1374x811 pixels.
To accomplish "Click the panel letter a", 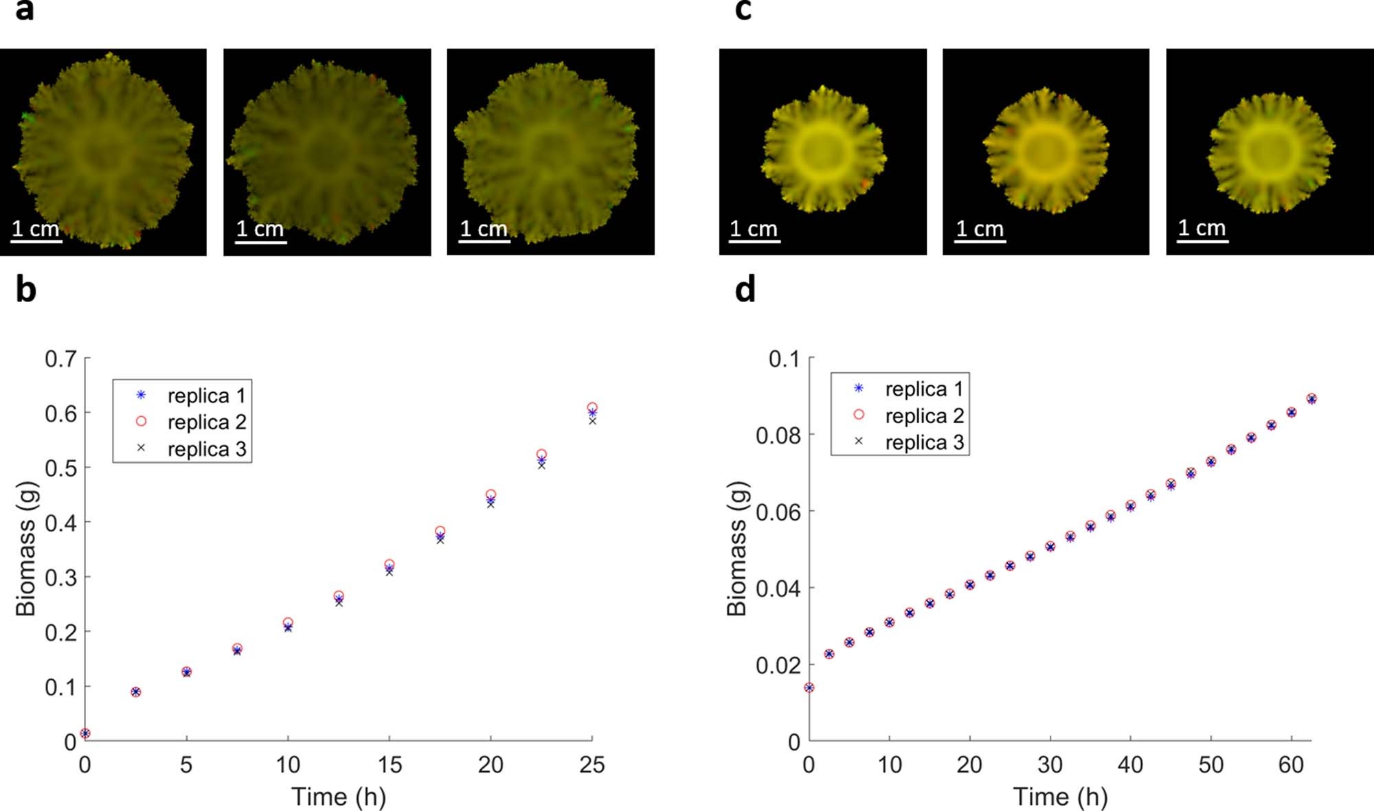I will coord(24,11).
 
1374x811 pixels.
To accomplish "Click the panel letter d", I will coord(745,289).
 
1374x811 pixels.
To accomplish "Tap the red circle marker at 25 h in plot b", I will coord(592,407).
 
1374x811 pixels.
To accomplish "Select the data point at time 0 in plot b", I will coord(85,733).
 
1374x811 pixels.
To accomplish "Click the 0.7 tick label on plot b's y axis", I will coord(60,358).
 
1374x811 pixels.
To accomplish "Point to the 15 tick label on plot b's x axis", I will coord(390,765).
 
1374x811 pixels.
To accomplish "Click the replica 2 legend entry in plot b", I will coord(205,422).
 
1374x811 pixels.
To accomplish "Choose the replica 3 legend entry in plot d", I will coord(923,442).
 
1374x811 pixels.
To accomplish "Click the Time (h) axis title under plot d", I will coord(1060,797).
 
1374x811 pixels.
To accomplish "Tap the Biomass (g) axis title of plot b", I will coord(26,548).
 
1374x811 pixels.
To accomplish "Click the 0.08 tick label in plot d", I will coord(778,435).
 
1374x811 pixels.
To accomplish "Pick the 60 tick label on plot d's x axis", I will coord(1291,765).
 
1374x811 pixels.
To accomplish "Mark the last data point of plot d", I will coord(1311,399).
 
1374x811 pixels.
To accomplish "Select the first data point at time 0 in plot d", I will coord(809,687).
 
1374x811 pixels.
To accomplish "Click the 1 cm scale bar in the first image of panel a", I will coord(37,240).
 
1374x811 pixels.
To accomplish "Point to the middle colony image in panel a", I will coord(327,152).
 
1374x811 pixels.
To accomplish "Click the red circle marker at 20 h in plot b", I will coord(491,494).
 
